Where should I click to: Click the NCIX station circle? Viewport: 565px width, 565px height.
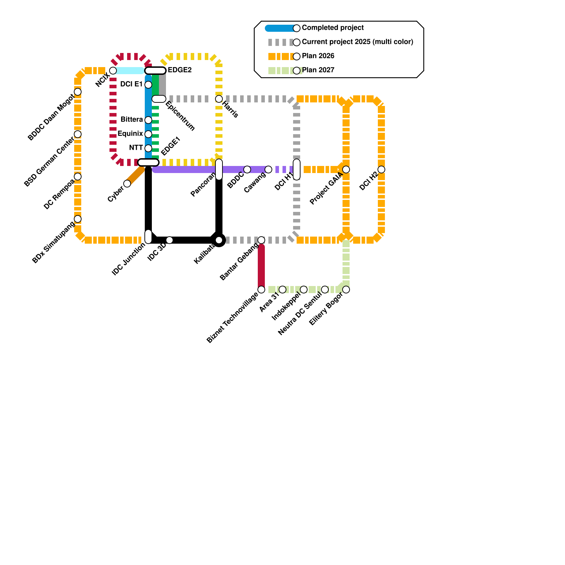click(113, 71)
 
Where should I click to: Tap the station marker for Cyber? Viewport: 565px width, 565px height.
click(127, 184)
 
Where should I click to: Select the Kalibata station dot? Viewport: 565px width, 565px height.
click(219, 240)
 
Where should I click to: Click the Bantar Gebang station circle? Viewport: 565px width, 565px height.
click(261, 240)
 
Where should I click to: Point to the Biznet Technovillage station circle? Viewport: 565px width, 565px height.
click(261, 290)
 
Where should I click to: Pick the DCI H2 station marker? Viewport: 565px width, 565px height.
click(381, 169)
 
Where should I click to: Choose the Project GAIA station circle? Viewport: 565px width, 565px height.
click(346, 169)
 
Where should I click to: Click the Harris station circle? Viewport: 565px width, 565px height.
click(219, 99)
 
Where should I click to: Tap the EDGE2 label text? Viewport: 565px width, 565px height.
click(179, 70)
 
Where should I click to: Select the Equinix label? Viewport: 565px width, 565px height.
click(130, 134)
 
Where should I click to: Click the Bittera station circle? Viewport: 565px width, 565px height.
click(148, 120)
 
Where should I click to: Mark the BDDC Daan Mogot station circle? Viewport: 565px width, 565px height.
click(78, 92)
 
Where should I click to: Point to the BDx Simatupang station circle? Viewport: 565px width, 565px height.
click(78, 219)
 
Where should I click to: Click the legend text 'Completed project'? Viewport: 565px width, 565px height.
click(333, 28)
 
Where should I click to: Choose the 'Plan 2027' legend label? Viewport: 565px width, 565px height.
click(318, 70)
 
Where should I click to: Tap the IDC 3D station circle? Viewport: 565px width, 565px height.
click(169, 240)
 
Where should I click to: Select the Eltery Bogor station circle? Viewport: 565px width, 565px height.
click(346, 290)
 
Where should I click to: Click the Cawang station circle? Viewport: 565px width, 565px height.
click(268, 169)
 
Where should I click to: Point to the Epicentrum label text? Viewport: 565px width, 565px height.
click(180, 116)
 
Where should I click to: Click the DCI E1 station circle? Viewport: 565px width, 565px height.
click(148, 85)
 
